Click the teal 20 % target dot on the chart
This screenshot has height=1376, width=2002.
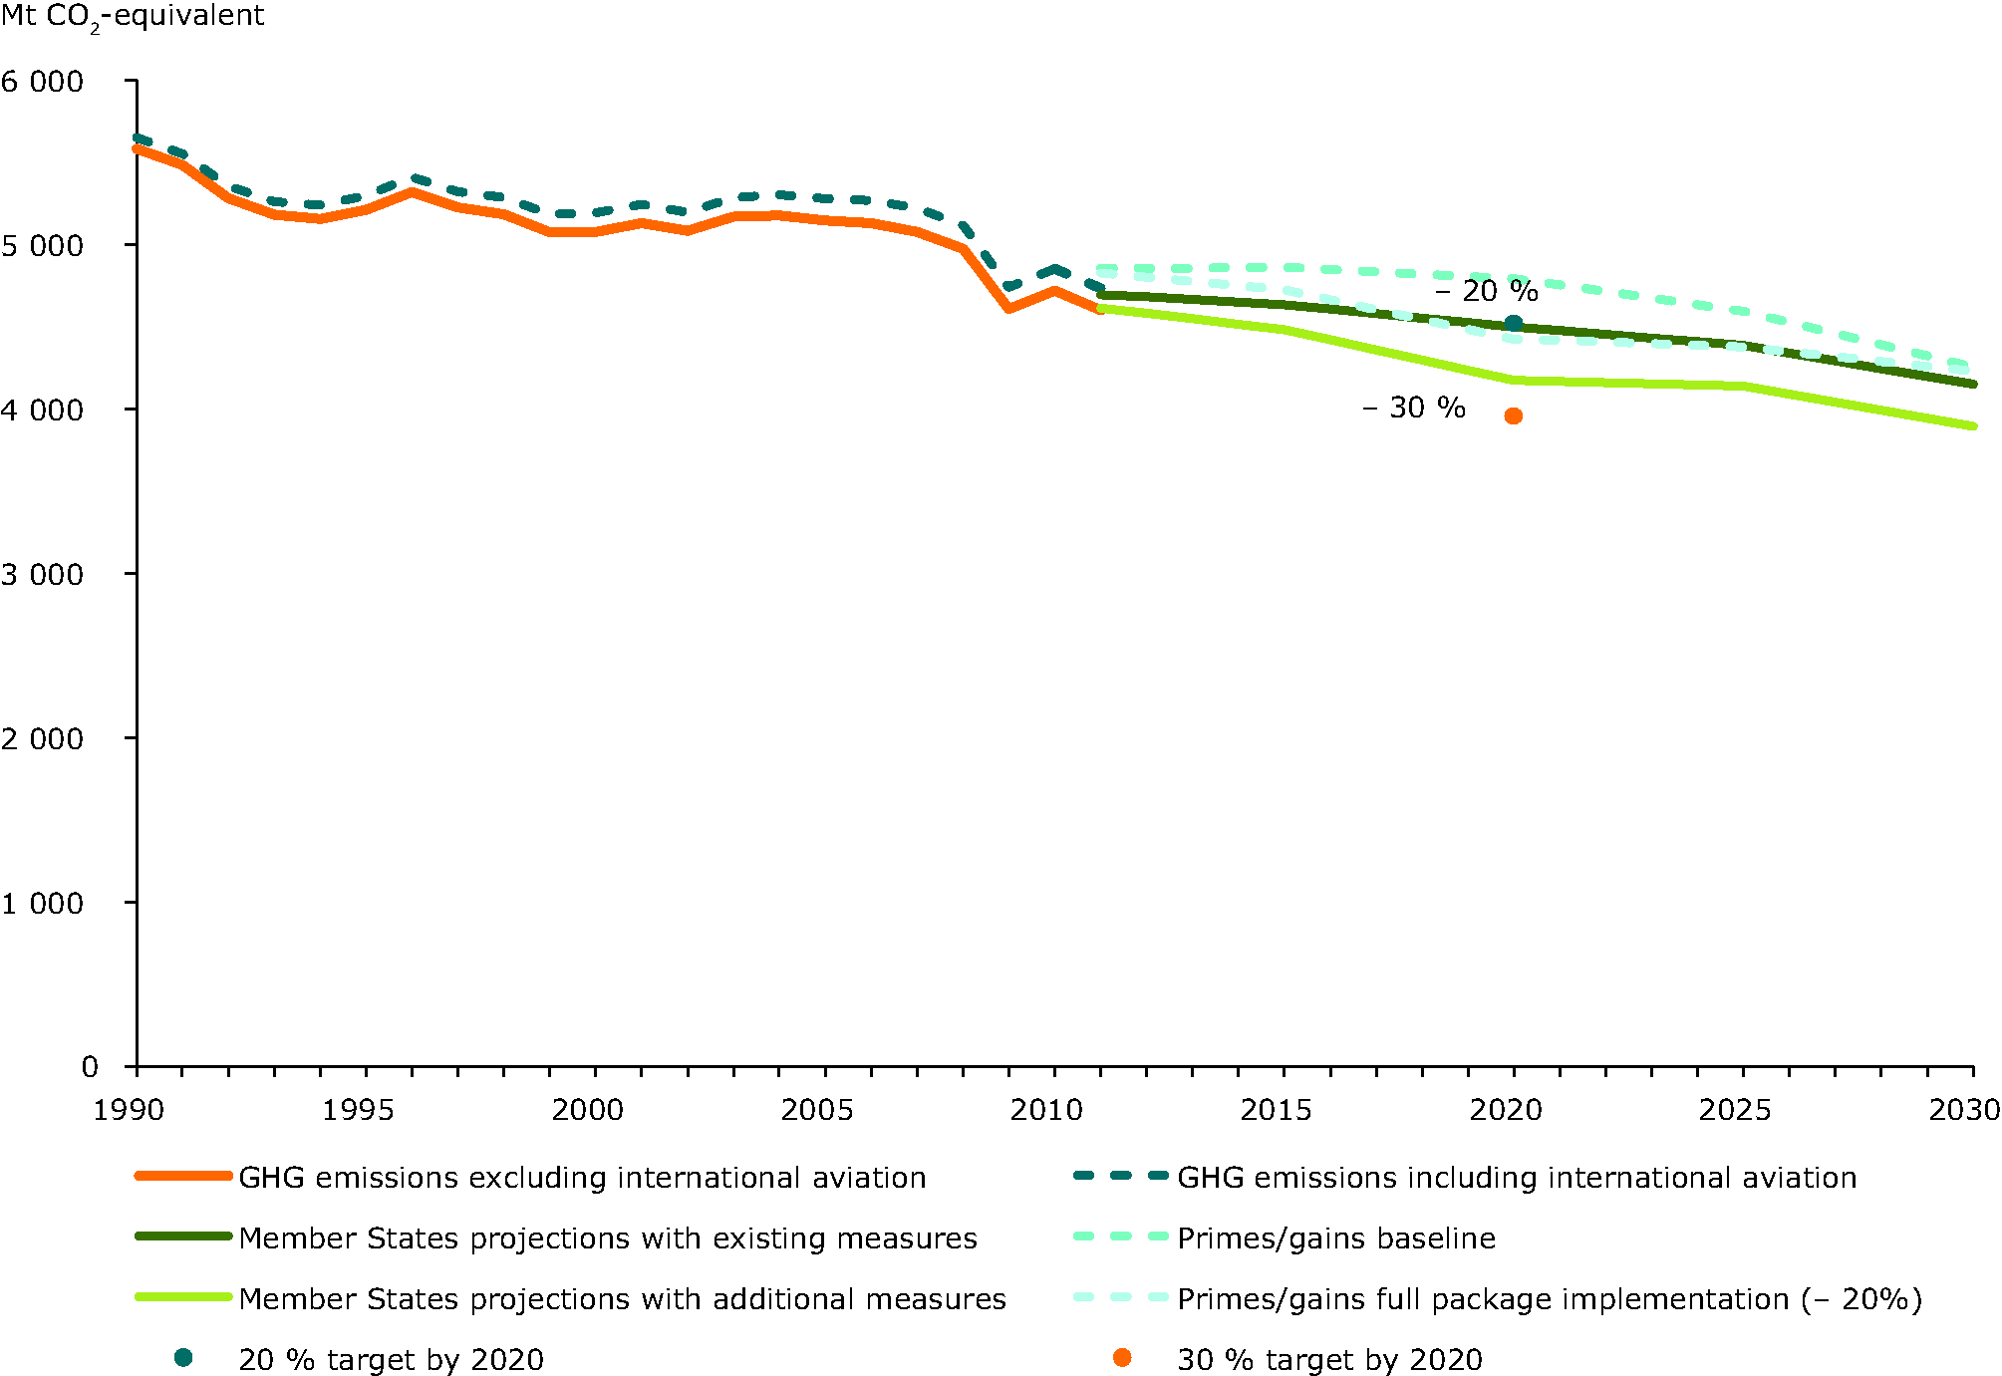1513,323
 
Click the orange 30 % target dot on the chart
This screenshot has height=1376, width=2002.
1513,415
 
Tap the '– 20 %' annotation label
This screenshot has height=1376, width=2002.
1486,291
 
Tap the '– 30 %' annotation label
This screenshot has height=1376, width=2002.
1413,408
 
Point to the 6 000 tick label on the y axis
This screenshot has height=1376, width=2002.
43,82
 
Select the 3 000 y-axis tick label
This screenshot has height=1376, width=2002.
43,575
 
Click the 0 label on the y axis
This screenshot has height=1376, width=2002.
90,1067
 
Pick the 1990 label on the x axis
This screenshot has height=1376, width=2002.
129,1110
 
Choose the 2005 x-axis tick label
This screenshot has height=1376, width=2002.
817,1110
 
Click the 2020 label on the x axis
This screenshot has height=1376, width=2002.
1506,1110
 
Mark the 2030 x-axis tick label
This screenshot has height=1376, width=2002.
1964,1110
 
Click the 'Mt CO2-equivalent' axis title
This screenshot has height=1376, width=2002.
133,17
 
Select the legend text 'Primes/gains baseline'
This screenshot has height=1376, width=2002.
1335,1238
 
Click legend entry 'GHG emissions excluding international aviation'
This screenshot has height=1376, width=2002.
582,1178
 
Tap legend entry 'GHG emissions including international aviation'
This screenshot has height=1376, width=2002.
1516,1178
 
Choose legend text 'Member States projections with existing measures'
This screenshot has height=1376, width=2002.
608,1238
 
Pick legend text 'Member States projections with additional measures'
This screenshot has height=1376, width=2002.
622,1299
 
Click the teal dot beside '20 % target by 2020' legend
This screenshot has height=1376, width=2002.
183,1357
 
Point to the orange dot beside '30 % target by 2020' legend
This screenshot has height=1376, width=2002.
1122,1357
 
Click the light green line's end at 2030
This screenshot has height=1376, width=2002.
1973,425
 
